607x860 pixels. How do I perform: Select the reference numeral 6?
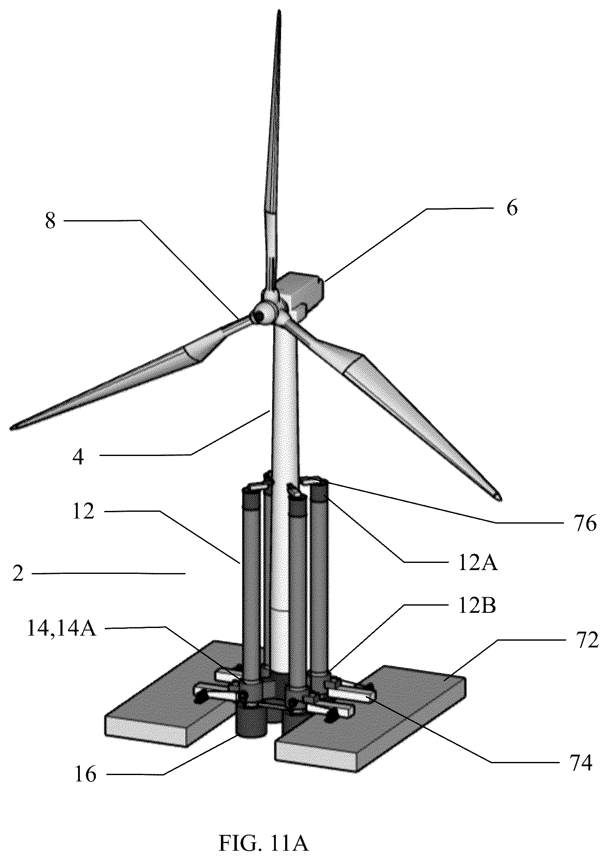(512, 209)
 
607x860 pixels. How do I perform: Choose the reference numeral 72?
(587, 641)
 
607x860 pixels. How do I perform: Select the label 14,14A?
(62, 628)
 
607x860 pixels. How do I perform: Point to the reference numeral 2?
(17, 574)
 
